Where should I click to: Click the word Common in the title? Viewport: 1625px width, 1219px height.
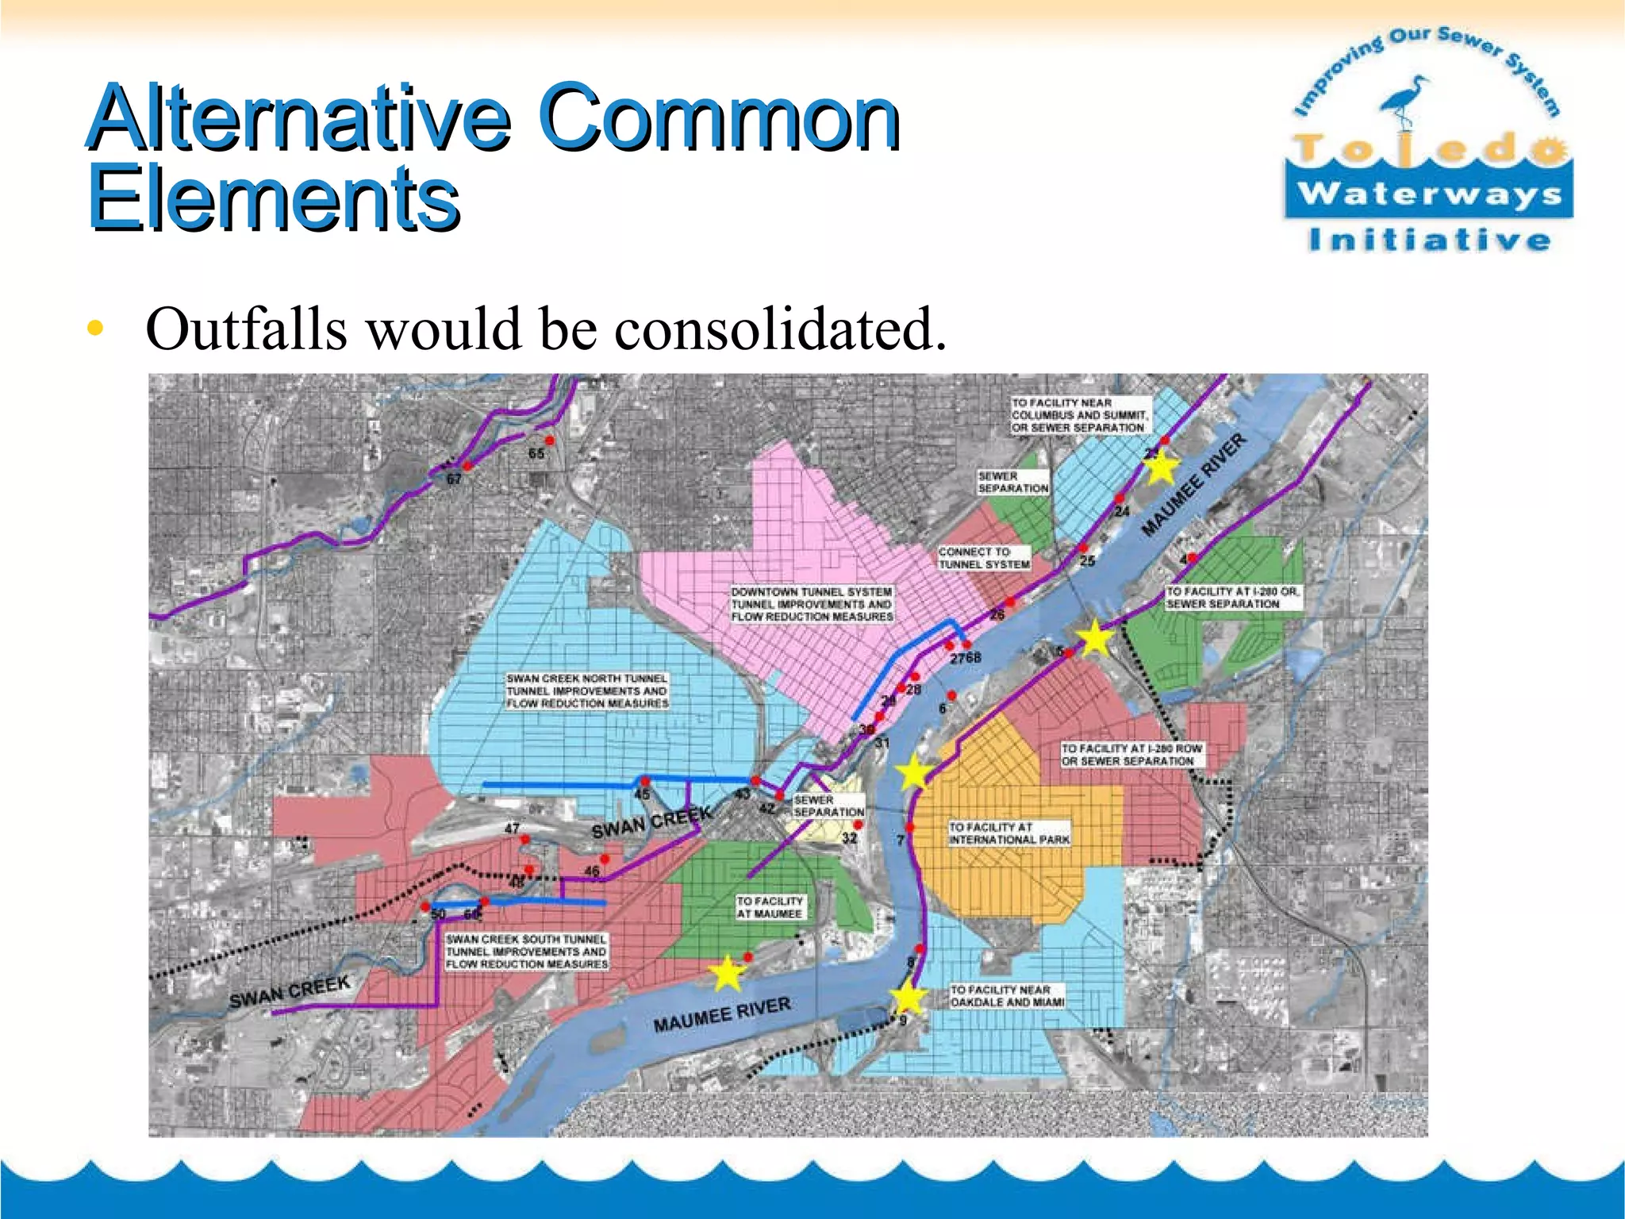coord(718,119)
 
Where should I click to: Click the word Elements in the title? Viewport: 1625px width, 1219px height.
coord(274,198)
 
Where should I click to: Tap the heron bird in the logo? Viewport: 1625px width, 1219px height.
coord(1405,99)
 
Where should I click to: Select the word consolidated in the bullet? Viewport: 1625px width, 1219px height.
coord(781,329)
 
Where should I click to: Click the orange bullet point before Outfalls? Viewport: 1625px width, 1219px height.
coord(95,329)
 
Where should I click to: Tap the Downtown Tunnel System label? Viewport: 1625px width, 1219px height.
coord(812,604)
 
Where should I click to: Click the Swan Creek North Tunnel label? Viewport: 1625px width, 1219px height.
coord(587,690)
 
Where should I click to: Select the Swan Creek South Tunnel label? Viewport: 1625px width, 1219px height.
coord(526,952)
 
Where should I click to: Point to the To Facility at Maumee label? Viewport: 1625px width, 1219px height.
coord(769,907)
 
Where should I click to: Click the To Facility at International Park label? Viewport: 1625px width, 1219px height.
coord(1009,833)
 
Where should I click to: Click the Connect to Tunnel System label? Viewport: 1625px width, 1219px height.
coord(984,558)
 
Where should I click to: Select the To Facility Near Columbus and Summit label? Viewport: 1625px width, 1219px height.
coord(1079,415)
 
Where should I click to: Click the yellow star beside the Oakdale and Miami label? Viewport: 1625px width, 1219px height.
coord(908,998)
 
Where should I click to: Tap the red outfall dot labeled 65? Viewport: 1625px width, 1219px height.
coord(549,440)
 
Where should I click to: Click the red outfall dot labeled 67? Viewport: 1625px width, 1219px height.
coord(467,467)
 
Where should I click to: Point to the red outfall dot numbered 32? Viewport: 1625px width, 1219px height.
coord(858,825)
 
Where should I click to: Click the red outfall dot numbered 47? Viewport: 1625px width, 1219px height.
coord(524,839)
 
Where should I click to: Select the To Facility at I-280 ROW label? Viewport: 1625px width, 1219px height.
coord(1131,754)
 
